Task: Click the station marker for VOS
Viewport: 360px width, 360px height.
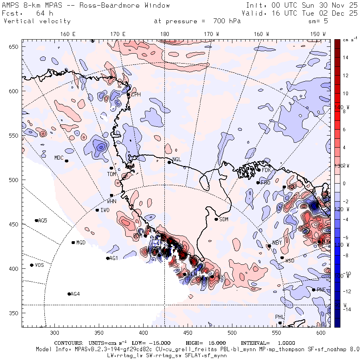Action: click(x=32, y=265)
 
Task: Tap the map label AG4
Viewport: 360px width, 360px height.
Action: click(x=75, y=294)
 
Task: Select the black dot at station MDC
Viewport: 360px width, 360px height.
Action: click(x=67, y=161)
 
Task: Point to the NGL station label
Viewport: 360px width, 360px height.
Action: click(x=176, y=160)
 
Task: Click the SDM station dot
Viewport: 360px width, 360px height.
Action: click(x=216, y=219)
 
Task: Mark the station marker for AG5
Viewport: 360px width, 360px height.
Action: click(x=36, y=220)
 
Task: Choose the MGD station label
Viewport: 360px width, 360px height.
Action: click(x=81, y=243)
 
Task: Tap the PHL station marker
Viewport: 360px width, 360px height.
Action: click(x=280, y=323)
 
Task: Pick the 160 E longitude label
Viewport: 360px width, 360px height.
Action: click(x=68, y=34)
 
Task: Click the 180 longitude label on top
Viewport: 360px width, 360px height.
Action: click(x=164, y=34)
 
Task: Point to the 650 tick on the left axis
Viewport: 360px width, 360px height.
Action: click(x=14, y=47)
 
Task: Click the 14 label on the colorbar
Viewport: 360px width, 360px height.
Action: click(x=346, y=58)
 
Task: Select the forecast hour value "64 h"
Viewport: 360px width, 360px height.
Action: click(x=44, y=13)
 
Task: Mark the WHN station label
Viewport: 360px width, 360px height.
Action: click(x=112, y=201)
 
